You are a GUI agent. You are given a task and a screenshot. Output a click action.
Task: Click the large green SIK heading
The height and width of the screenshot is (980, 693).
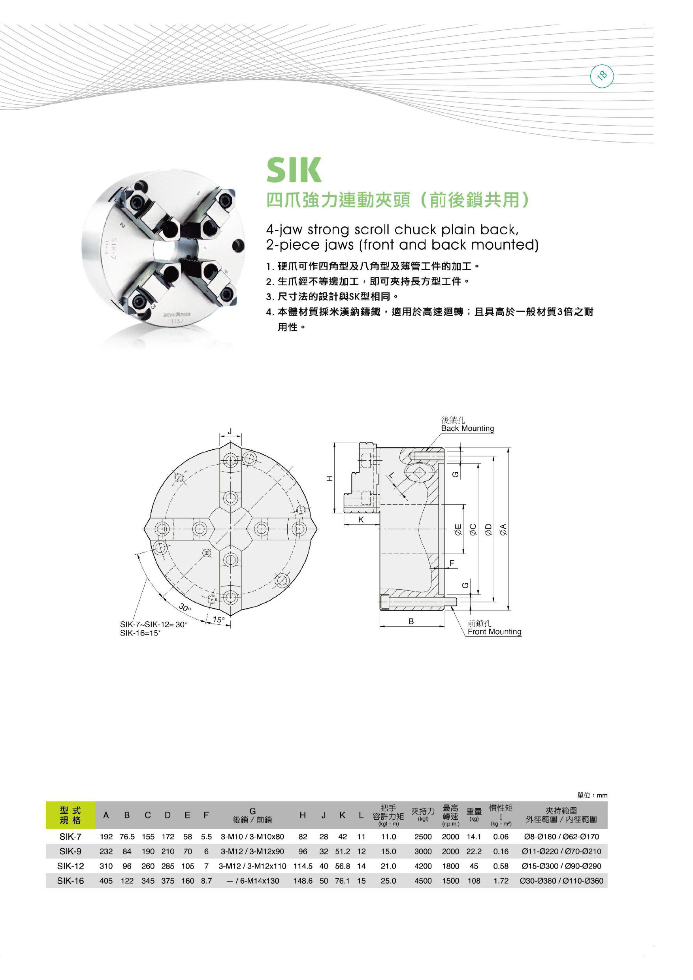[294, 170]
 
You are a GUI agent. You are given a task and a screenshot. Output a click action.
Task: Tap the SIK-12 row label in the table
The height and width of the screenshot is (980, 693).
[70, 866]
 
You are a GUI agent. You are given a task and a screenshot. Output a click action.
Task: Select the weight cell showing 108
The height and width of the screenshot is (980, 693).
[474, 880]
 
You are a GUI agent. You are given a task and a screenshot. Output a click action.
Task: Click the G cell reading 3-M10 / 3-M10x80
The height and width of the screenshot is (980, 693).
[252, 837]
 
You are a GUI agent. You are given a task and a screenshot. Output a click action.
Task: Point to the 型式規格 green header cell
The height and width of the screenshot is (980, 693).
[70, 815]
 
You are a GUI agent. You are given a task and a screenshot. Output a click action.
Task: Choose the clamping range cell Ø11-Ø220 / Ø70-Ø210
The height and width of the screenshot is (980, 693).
[561, 852]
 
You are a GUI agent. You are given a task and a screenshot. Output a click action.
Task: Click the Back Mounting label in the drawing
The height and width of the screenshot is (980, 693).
[467, 428]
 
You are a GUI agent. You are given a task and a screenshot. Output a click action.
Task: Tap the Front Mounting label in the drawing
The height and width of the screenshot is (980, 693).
[494, 632]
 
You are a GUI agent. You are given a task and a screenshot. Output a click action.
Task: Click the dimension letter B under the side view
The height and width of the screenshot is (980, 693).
[411, 622]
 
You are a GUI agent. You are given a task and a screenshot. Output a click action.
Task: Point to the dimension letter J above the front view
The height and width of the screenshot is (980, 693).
[230, 432]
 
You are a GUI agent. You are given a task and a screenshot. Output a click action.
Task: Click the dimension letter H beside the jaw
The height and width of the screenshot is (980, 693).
[329, 479]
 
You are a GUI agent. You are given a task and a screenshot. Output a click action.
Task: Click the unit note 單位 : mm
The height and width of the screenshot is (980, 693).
[591, 795]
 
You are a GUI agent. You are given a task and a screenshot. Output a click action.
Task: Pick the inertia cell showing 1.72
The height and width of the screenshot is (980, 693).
[501, 880]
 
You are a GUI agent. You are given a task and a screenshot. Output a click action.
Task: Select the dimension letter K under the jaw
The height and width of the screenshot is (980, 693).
[361, 520]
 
